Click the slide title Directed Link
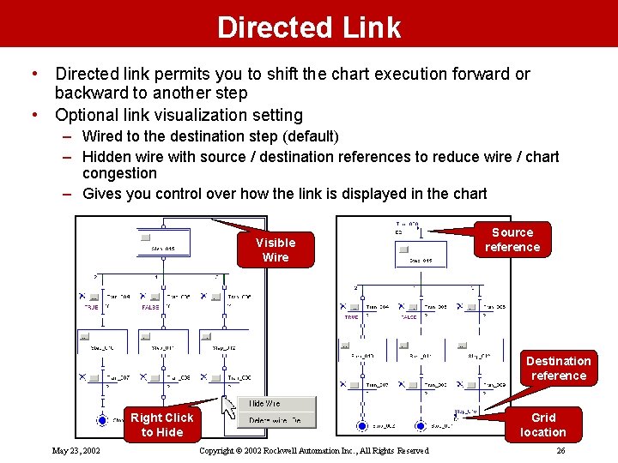309,27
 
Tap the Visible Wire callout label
275,250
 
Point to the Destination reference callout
558,368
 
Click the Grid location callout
542,425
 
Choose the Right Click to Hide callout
162,424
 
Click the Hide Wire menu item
264,404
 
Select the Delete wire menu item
275,420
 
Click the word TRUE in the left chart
91,307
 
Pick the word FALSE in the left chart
150,307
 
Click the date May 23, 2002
76,451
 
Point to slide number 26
560,451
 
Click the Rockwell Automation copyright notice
313,451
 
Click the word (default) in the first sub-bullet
309,136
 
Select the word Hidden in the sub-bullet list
106,157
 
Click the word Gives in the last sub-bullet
102,194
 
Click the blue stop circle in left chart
101,421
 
